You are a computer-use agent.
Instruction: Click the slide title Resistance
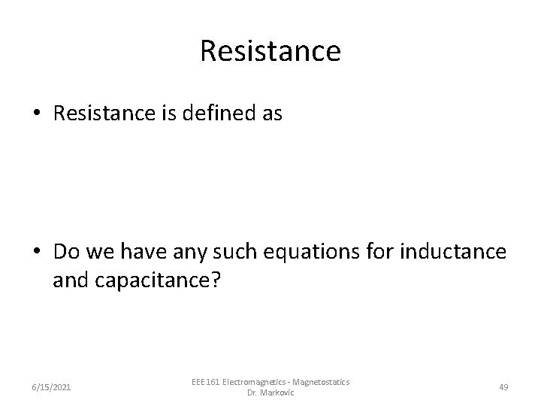(270, 52)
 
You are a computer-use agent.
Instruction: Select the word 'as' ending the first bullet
(273, 114)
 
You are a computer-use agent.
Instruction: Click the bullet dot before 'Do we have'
(37, 250)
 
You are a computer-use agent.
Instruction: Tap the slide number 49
(503, 386)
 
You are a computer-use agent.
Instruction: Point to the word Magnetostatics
(321, 382)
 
